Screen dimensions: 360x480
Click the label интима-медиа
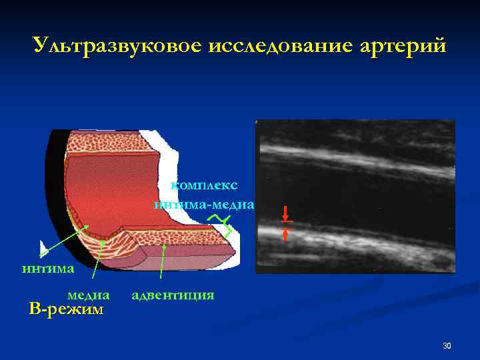pos(204,205)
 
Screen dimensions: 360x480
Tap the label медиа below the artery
pos(89,294)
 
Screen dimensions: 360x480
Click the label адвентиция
pos(173,294)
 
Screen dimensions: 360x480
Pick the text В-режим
pos(67,309)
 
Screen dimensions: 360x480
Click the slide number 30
pos(447,345)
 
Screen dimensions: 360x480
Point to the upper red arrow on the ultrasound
pos(286,213)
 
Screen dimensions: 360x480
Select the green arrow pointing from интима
pos(63,240)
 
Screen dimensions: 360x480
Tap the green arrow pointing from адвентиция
pos(163,263)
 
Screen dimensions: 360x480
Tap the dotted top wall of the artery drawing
pos(107,142)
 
